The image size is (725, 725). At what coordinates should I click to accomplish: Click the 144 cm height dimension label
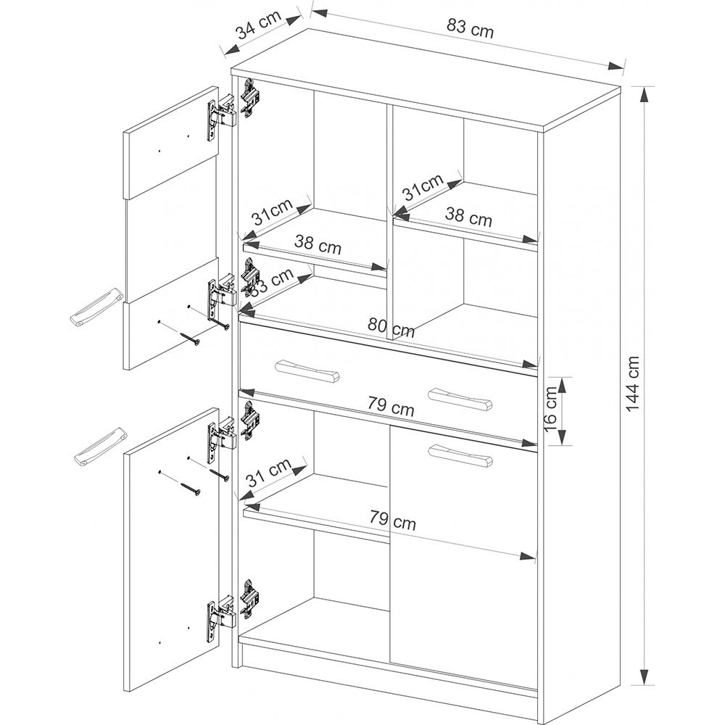(x=631, y=384)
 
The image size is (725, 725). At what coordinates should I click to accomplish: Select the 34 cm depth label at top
(x=259, y=25)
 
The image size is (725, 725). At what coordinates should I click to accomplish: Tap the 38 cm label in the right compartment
(x=468, y=217)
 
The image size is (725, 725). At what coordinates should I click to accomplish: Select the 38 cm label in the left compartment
(x=318, y=244)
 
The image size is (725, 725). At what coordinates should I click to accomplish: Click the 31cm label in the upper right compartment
(x=423, y=186)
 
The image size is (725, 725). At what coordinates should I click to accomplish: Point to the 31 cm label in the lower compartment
(x=269, y=473)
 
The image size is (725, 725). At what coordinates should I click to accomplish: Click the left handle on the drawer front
(x=307, y=370)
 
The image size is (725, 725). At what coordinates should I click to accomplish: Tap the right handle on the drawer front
(x=460, y=399)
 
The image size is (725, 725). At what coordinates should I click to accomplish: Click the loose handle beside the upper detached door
(x=96, y=306)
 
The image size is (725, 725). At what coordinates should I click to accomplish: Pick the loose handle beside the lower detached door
(x=100, y=446)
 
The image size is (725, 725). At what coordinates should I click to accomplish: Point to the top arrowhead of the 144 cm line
(x=646, y=94)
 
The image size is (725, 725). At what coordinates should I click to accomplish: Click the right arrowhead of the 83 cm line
(x=616, y=66)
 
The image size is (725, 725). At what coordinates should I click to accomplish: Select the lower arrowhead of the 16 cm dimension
(x=561, y=437)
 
